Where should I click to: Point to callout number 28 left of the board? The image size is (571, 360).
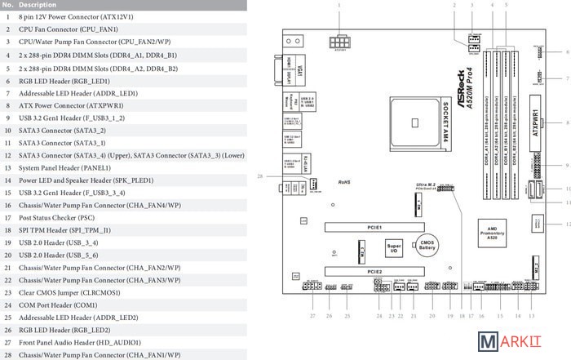[x=260, y=177]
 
